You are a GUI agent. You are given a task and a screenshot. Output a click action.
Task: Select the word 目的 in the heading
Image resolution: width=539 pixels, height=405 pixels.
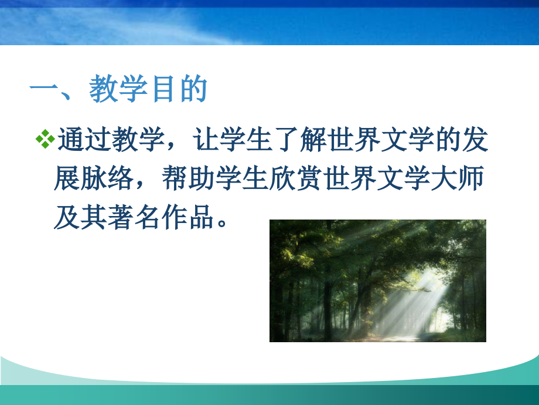(178, 90)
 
